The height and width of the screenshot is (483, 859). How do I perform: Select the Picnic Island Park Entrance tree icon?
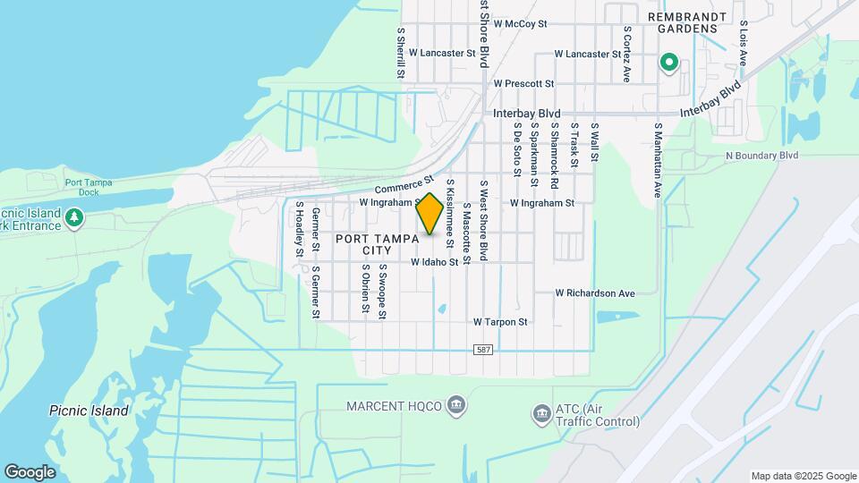pyautogui.click(x=74, y=216)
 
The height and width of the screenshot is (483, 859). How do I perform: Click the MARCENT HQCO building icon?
pyautogui.click(x=456, y=406)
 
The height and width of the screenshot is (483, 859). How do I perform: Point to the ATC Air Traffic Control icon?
pyautogui.click(x=540, y=413)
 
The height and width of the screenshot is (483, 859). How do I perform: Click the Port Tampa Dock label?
pyautogui.click(x=89, y=187)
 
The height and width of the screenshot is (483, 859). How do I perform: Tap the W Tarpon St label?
pyautogui.click(x=501, y=321)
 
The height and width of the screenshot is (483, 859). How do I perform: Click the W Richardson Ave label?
pyautogui.click(x=595, y=292)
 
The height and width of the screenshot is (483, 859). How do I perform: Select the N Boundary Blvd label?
pyautogui.click(x=761, y=156)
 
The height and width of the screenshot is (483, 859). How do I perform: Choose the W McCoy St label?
pyautogui.click(x=520, y=24)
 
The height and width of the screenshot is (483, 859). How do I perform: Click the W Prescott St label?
pyautogui.click(x=524, y=83)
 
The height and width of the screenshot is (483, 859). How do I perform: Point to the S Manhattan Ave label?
pyautogui.click(x=657, y=160)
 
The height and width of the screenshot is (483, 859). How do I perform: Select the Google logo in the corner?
pyautogui.click(x=30, y=471)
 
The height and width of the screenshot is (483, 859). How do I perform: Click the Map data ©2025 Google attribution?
pyautogui.click(x=803, y=476)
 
